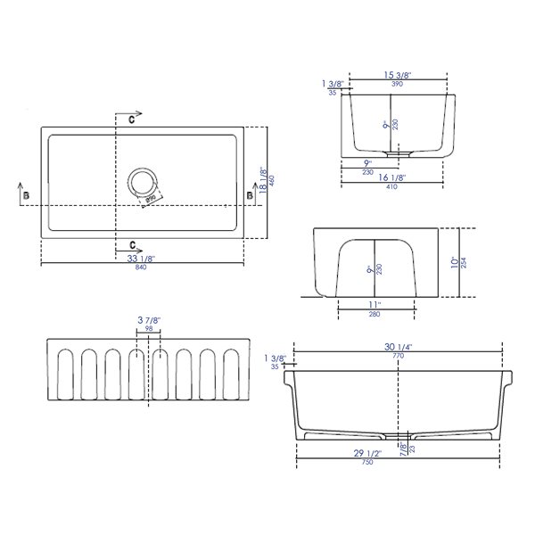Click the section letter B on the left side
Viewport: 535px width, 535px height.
point(27,194)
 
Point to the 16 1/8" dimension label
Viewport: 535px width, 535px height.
point(393,178)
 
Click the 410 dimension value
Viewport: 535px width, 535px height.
point(393,188)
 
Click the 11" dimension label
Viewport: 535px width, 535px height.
point(374,304)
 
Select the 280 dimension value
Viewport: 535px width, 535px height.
point(374,314)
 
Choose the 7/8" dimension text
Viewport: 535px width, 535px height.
point(402,449)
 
